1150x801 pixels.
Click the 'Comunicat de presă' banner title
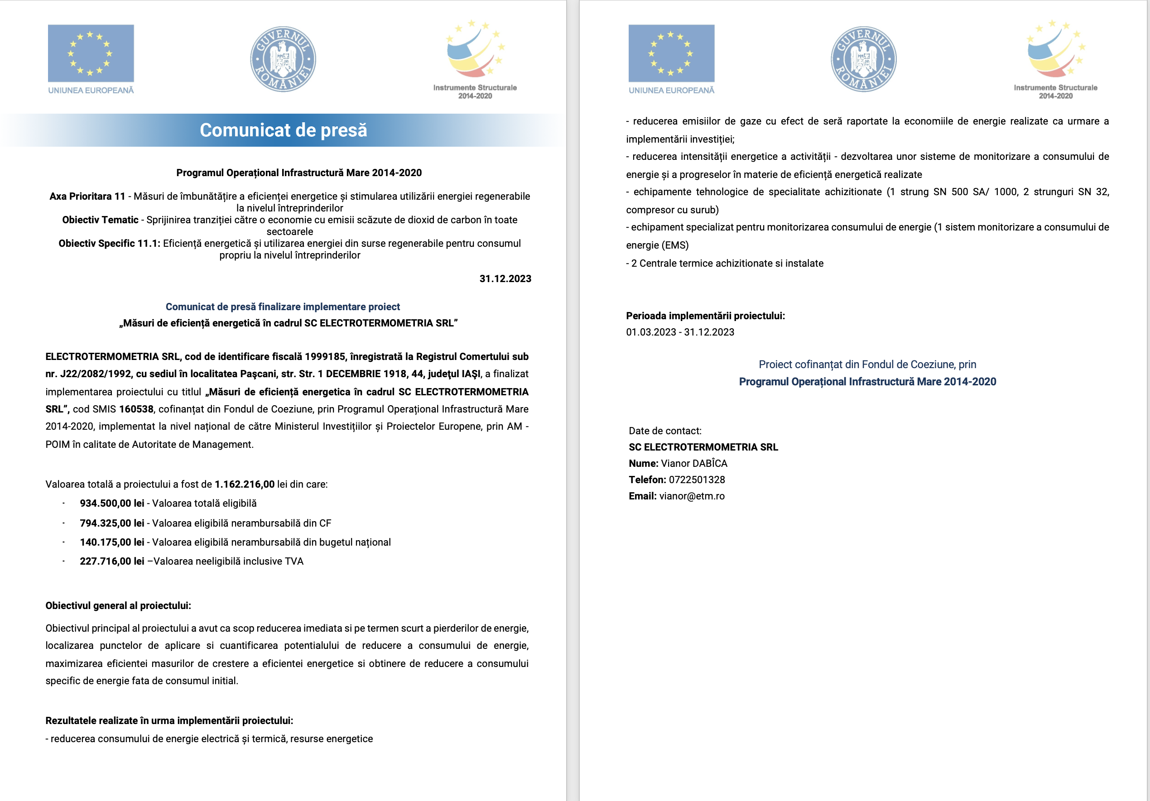click(x=284, y=130)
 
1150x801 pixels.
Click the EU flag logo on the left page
click(x=91, y=53)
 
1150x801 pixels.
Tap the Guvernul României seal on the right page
click(x=863, y=59)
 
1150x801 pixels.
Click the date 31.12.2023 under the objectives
click(x=505, y=279)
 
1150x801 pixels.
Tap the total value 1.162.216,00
click(x=245, y=484)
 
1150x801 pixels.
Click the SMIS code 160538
click(x=136, y=409)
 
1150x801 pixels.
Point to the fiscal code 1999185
click(x=325, y=356)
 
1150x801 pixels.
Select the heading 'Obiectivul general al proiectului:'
click(x=118, y=606)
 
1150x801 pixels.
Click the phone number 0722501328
click(x=697, y=480)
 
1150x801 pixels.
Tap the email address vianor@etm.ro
click(x=692, y=496)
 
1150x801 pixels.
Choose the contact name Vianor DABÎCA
click(x=694, y=464)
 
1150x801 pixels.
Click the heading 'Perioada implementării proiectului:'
click(x=705, y=316)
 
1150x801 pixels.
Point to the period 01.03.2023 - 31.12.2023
click(x=680, y=332)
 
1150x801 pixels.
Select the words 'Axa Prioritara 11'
click(x=87, y=196)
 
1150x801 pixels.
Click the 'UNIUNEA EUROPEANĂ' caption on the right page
click(x=671, y=91)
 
